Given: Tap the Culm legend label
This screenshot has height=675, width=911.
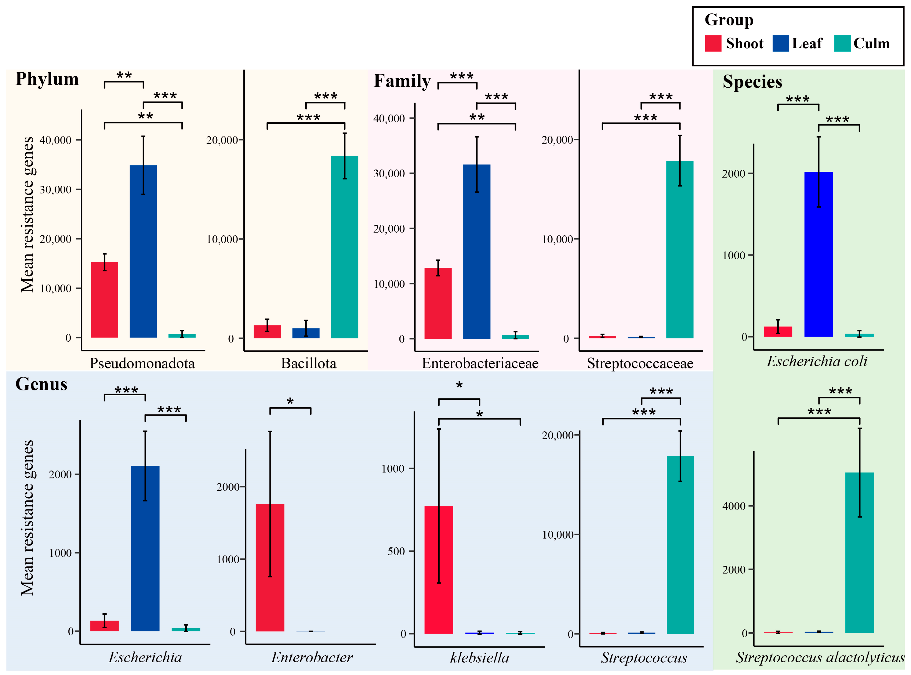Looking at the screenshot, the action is coord(871,43).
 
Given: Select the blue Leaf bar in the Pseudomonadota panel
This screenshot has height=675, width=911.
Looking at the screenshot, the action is coord(143,251).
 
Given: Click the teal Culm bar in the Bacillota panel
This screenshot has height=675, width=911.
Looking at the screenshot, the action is coord(344,247).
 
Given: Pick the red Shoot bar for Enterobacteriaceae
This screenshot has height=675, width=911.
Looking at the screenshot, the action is coord(438,303).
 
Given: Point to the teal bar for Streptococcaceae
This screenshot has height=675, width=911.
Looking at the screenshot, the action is coord(680,249).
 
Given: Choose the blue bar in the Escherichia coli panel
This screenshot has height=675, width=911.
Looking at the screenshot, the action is coord(818,254).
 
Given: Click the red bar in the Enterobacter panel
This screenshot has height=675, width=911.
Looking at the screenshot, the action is coord(270,568).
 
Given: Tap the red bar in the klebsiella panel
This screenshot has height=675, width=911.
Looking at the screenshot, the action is coord(439,570).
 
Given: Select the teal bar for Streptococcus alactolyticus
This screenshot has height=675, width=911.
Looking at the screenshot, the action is coord(859,552).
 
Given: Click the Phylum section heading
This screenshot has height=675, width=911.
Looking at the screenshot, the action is coord(47,79).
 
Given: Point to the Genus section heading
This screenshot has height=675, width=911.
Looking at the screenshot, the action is coord(41,384).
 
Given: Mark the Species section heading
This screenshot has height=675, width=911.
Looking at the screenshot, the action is coord(752,82).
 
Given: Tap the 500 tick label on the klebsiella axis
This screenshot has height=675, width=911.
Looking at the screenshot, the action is coord(396,551).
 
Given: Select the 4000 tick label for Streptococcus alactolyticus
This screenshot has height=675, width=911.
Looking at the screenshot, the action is coord(734,506).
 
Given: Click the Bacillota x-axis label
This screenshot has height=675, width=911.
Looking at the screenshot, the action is coord(308,363).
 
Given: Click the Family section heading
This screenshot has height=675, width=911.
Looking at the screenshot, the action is coord(402,81).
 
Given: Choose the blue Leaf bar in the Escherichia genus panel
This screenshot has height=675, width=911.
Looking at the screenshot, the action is coord(145,548).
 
